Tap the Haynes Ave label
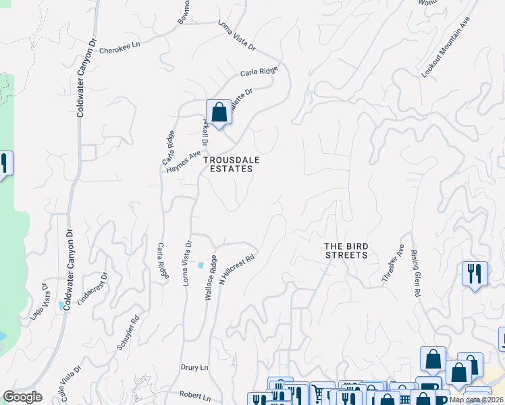click(x=184, y=161)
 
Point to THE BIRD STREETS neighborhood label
click(x=346, y=250)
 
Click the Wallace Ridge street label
click(x=211, y=277)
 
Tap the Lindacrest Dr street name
click(x=92, y=290)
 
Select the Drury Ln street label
click(x=193, y=368)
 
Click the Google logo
click(x=22, y=397)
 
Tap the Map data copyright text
click(x=477, y=400)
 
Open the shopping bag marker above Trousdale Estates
click(x=219, y=113)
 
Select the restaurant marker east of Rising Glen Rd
click(x=475, y=274)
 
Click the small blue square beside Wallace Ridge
click(x=200, y=265)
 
